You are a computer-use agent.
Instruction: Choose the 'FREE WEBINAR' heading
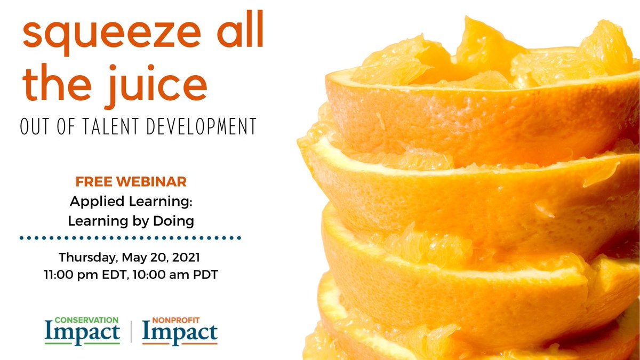[x=131, y=181]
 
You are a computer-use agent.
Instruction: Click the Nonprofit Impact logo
[x=180, y=331]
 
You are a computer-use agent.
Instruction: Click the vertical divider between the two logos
[x=131, y=332]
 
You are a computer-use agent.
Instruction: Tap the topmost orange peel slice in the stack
[x=480, y=107]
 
